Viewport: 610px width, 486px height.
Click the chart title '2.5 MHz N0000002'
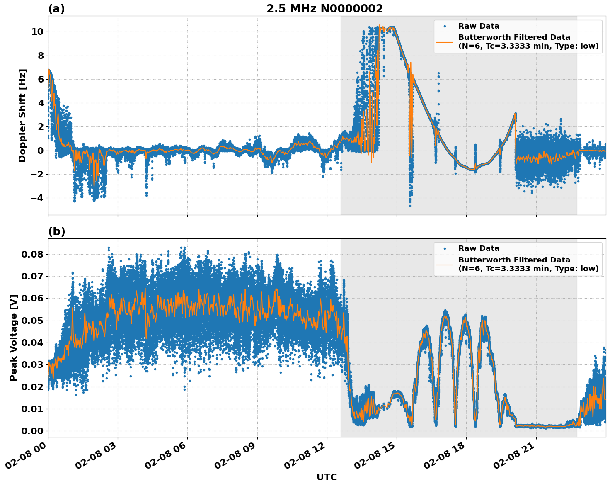[x=324, y=9]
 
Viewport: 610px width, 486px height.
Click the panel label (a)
[x=56, y=9]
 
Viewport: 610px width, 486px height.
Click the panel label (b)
[x=56, y=231]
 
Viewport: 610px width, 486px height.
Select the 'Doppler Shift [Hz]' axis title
[x=22, y=115]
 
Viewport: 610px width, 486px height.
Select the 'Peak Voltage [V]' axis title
[x=14, y=338]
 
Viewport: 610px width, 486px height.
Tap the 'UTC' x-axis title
[x=327, y=477]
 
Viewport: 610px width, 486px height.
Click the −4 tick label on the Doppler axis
[x=37, y=198]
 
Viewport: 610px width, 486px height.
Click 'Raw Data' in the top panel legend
[x=479, y=26]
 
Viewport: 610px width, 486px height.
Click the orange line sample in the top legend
[x=445, y=42]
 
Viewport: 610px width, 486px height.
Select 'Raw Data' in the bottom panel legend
[x=479, y=248]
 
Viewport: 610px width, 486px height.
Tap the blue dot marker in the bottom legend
[x=445, y=248]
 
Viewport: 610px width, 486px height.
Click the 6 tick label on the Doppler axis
[x=41, y=79]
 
